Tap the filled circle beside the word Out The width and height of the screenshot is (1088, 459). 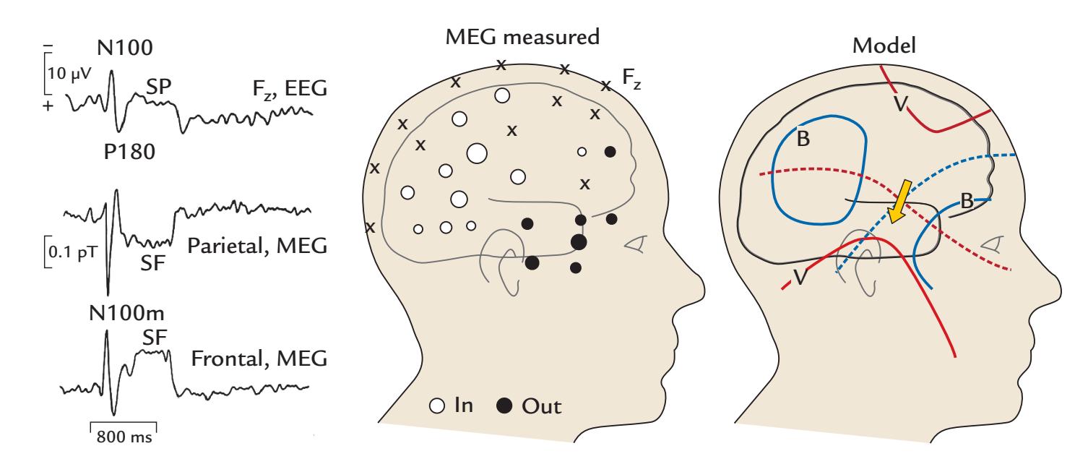504,408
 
